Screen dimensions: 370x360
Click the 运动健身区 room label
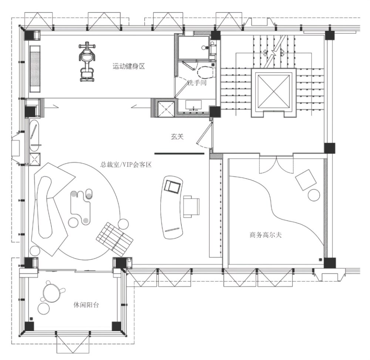pos(129,66)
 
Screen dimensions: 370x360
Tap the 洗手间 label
pos(197,83)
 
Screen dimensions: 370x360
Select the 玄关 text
pos(177,137)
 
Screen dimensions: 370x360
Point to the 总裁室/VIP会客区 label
pos(126,164)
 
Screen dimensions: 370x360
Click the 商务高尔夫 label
pos(266,235)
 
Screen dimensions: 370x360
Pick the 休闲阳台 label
pos(86,305)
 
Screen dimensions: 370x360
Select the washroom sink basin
pos(193,105)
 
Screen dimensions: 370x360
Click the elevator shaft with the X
pos(274,91)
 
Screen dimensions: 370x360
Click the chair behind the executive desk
pos(192,206)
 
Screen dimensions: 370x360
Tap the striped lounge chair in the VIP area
pos(114,239)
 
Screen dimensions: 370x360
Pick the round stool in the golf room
pos(314,195)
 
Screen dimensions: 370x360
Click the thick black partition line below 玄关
pos(179,154)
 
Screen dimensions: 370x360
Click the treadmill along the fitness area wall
pos(36,69)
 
